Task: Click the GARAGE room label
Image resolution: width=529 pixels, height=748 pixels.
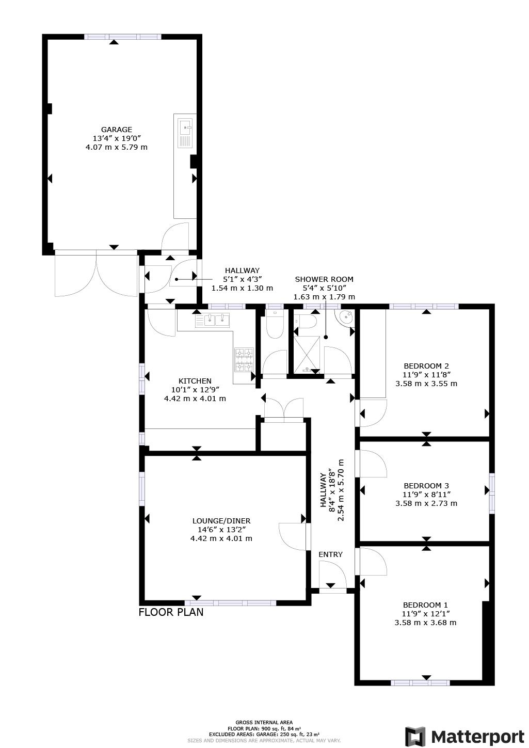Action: [x=116, y=130]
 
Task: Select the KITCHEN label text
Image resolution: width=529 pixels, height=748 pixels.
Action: [x=195, y=381]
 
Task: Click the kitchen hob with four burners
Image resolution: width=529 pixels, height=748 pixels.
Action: [x=245, y=360]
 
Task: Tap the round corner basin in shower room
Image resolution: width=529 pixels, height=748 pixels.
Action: [x=346, y=317]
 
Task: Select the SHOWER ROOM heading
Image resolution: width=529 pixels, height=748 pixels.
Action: [x=324, y=279]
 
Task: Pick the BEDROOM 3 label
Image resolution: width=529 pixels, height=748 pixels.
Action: [x=426, y=486]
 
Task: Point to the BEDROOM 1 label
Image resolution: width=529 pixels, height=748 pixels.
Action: [x=425, y=605]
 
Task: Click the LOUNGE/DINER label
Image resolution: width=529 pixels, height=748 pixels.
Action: [x=221, y=521]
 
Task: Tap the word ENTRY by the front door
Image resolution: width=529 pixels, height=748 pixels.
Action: [x=330, y=554]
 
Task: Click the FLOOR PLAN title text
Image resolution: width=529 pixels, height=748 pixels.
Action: [x=171, y=612]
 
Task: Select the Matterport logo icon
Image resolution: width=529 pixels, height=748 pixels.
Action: [x=415, y=736]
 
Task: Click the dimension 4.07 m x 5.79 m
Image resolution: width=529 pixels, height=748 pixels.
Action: [x=116, y=147]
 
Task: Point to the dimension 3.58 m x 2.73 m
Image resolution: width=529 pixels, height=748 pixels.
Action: [x=426, y=503]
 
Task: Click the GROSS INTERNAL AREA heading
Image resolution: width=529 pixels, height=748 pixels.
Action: [x=264, y=723]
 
